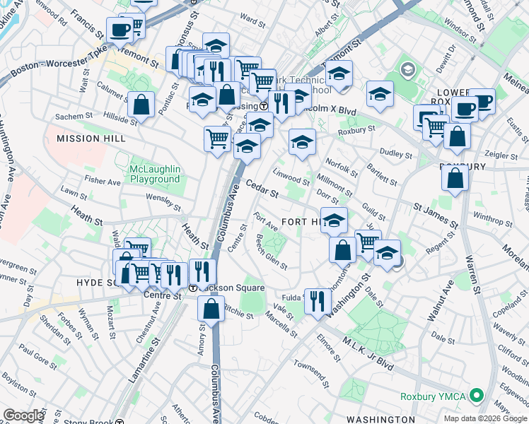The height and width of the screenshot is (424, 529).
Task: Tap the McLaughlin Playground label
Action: pos(155,174)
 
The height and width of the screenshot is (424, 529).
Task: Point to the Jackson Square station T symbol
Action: pos(192,288)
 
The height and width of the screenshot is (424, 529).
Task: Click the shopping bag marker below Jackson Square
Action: pos(211,308)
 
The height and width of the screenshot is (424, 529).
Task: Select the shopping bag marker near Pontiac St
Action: pos(141,104)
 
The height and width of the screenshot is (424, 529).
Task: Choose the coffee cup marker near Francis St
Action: pos(119,29)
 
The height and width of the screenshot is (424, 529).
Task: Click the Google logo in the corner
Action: pos(24,416)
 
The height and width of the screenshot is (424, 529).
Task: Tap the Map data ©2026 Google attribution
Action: pos(484,418)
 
